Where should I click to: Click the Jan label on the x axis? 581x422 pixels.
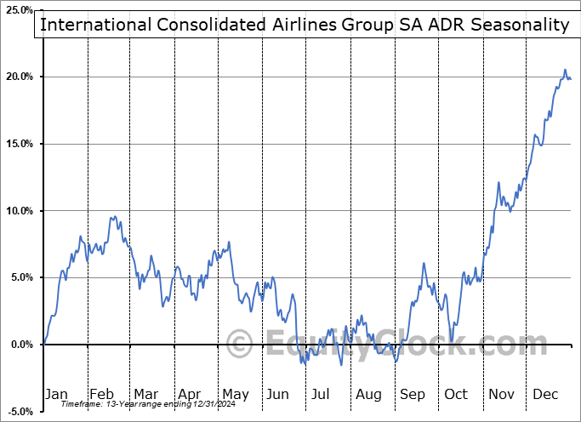point(56,394)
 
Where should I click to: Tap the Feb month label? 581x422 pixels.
point(101,394)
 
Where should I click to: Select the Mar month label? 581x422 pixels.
point(145,394)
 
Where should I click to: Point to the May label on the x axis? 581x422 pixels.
point(235,394)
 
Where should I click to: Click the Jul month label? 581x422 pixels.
point(322,394)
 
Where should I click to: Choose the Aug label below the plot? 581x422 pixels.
point(368,394)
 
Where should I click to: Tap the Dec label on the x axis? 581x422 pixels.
point(546,394)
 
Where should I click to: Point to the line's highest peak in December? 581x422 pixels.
point(565,70)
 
